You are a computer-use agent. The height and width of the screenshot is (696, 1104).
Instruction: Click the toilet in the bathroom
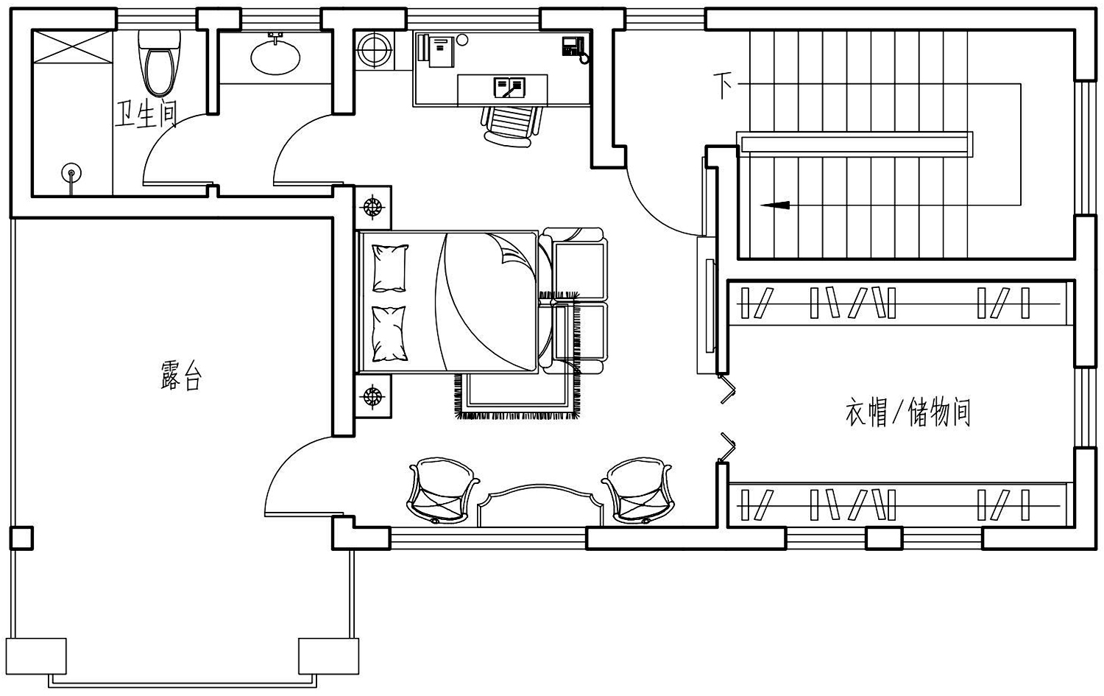(159, 63)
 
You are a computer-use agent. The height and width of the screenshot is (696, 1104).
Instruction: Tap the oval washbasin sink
(275, 57)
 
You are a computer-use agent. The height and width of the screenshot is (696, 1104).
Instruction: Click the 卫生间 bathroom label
(146, 115)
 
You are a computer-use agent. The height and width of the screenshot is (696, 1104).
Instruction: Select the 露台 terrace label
(181, 376)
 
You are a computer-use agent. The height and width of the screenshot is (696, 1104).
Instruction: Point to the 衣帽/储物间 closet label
(907, 412)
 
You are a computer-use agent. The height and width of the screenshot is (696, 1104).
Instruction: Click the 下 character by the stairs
(723, 85)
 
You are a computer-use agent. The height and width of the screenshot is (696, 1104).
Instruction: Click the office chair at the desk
(511, 126)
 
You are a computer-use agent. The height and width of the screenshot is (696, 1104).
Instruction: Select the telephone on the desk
(574, 48)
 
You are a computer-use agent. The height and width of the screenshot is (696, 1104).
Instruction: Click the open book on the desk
(509, 88)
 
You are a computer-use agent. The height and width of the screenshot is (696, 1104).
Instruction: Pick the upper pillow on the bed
(390, 268)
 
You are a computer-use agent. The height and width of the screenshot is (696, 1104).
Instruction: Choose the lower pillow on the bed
(389, 334)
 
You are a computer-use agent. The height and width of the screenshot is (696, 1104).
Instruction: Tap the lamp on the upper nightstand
(373, 207)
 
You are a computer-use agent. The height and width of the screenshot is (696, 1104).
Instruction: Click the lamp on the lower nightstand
(373, 396)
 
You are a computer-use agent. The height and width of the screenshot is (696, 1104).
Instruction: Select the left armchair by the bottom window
(442, 490)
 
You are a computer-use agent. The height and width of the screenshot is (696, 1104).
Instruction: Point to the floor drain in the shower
(71, 173)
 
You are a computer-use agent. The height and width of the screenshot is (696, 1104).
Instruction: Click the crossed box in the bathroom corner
(72, 46)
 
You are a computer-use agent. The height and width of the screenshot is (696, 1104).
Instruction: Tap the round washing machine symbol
(375, 50)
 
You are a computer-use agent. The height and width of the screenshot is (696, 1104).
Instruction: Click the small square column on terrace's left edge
(21, 538)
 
